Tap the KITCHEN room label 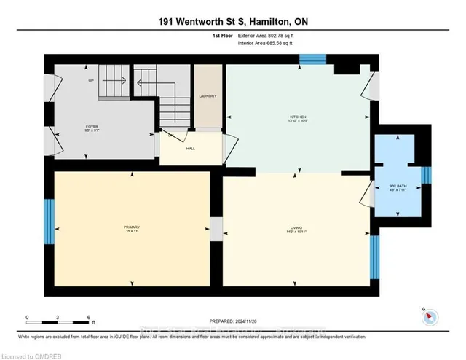(296, 117)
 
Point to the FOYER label (92, 127)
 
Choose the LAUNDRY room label (205, 95)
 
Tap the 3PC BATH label (397, 187)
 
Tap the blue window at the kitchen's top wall (313, 60)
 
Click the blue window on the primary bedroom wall (49, 222)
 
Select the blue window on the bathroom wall (427, 176)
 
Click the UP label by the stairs (91, 80)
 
